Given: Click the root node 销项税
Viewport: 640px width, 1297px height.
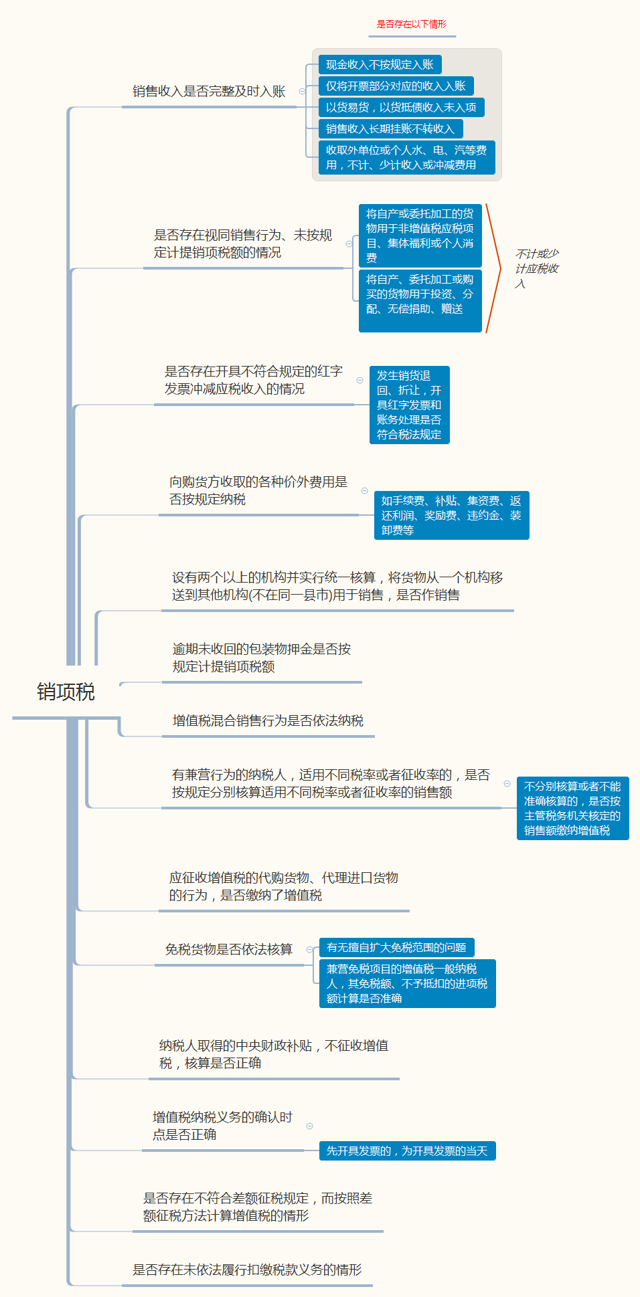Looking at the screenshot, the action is [66, 692].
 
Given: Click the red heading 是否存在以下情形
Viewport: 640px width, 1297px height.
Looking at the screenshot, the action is [411, 25].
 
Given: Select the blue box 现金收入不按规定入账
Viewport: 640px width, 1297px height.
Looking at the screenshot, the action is [380, 65].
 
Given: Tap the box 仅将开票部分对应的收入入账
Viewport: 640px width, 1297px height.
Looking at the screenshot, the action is [396, 86].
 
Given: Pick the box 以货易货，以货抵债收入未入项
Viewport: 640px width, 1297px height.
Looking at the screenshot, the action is [401, 108].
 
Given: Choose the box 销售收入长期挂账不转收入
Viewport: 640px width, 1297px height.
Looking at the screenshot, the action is [390, 129].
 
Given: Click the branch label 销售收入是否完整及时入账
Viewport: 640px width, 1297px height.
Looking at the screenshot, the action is [209, 92].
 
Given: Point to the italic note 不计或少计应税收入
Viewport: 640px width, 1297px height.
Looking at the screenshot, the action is [537, 268].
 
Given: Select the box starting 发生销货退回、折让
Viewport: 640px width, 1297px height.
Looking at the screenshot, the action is [409, 405].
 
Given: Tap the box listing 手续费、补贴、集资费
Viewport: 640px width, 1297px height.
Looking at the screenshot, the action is [451, 515].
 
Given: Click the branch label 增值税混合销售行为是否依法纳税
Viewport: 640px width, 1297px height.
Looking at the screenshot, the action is [268, 720].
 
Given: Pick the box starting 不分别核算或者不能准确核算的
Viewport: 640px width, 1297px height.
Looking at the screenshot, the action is [572, 808].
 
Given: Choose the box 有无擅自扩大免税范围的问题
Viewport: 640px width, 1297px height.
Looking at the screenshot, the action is [396, 947].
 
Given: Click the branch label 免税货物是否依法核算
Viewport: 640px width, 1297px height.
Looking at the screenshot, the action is [229, 949].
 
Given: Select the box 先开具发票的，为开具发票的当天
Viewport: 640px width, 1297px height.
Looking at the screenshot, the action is [407, 1151].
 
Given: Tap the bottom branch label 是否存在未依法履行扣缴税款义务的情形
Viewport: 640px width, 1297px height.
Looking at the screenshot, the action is [247, 1270].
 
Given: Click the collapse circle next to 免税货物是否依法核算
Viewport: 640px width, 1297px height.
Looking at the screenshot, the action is [309, 949].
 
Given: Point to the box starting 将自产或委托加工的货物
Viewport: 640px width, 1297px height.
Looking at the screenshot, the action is [420, 235].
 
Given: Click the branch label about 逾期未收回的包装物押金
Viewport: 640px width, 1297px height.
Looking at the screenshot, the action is [262, 658].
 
